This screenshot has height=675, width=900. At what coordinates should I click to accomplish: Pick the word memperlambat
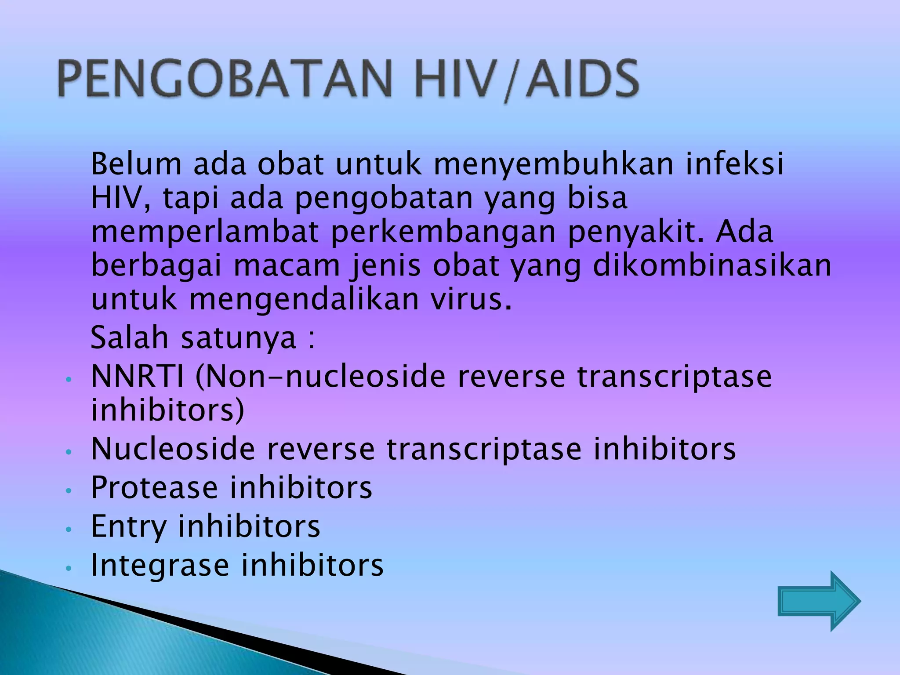(x=205, y=232)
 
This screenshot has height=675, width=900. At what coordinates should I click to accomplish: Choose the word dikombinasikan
(x=712, y=266)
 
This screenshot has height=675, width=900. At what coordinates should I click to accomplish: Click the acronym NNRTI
(x=137, y=377)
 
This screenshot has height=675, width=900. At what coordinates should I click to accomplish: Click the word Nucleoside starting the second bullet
(x=173, y=449)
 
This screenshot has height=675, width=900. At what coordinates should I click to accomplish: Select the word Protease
(x=154, y=487)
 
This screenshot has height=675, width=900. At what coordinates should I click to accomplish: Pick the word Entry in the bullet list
(x=128, y=527)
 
